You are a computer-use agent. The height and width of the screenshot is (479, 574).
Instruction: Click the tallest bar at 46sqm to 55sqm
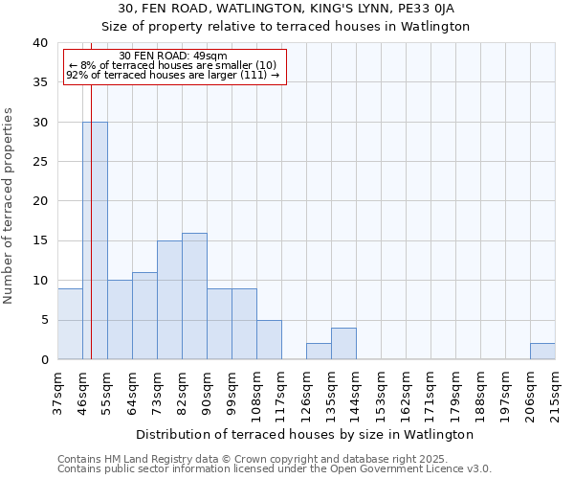(x=95, y=240)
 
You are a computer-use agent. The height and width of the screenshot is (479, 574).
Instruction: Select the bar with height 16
(x=194, y=296)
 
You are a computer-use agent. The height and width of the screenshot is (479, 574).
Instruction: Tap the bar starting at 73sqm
(x=169, y=300)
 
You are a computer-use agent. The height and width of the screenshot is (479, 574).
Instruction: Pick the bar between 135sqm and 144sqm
(x=343, y=344)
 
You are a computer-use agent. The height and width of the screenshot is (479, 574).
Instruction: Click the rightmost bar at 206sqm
(x=542, y=352)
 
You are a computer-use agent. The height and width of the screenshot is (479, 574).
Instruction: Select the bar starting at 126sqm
(x=319, y=352)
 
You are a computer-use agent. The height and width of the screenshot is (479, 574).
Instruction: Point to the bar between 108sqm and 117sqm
(x=269, y=340)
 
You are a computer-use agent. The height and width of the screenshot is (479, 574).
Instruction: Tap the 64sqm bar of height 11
(x=144, y=316)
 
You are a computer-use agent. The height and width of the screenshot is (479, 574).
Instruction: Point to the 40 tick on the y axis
(x=39, y=43)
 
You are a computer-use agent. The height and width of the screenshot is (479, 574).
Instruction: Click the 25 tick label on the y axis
(x=39, y=162)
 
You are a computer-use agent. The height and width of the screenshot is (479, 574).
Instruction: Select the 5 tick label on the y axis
(x=43, y=320)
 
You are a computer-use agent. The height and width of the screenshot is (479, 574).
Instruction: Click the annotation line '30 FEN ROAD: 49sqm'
(x=175, y=57)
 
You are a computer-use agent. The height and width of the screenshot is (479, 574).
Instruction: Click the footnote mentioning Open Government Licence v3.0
(x=274, y=468)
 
